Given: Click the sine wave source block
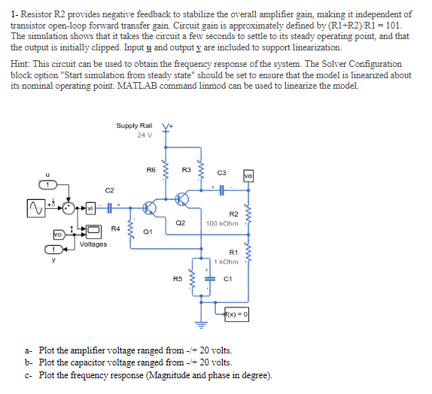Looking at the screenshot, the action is click(x=36, y=208).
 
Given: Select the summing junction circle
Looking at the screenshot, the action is click(x=68, y=208).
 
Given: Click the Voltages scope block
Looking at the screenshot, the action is click(x=93, y=232).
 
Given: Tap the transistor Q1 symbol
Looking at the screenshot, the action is click(x=149, y=208).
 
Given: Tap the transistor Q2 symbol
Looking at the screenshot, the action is click(x=182, y=199).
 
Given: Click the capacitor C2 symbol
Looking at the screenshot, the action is click(x=109, y=208).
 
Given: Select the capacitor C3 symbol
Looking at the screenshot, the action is click(x=221, y=190).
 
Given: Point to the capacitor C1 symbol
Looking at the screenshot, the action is click(x=210, y=279).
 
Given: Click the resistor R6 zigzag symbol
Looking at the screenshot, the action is click(x=166, y=170).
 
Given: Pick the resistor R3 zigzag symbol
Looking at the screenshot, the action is click(x=201, y=170).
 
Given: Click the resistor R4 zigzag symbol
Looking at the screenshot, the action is click(x=130, y=229).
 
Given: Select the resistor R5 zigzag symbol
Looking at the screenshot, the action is click(x=193, y=279).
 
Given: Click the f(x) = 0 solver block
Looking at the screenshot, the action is click(x=236, y=314).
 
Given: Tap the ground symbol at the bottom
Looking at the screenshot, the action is click(x=201, y=325).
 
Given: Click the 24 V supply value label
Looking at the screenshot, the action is click(x=145, y=135).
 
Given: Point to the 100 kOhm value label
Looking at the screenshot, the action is click(x=222, y=223).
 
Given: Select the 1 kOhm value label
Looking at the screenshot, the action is click(x=226, y=262).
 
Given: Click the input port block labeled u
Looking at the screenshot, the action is click(x=48, y=185).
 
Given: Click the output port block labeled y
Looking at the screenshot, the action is click(x=54, y=250).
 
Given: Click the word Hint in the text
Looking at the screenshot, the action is click(x=20, y=64).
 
